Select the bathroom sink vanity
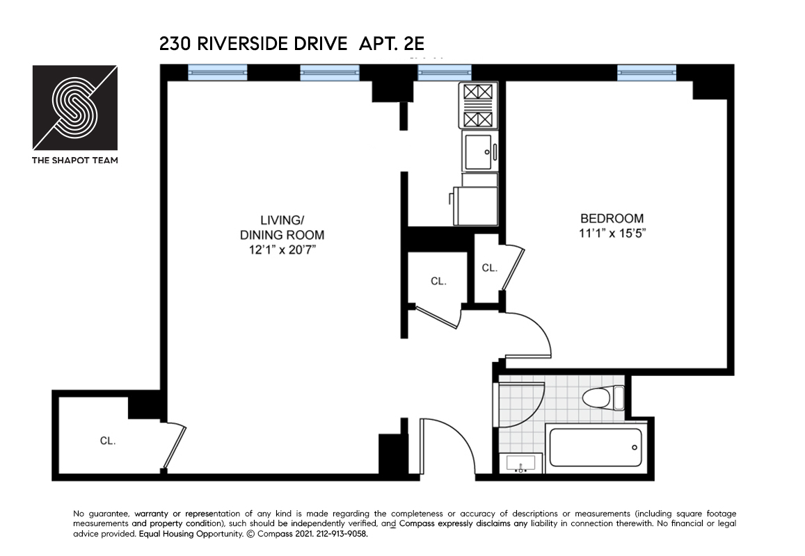tap(521, 463)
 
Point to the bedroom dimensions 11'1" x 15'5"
tap(612, 234)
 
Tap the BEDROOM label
tap(612, 218)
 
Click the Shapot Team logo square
tap(75, 108)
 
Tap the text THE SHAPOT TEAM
tap(75, 160)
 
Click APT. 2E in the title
tap(391, 44)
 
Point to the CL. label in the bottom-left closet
tap(107, 441)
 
